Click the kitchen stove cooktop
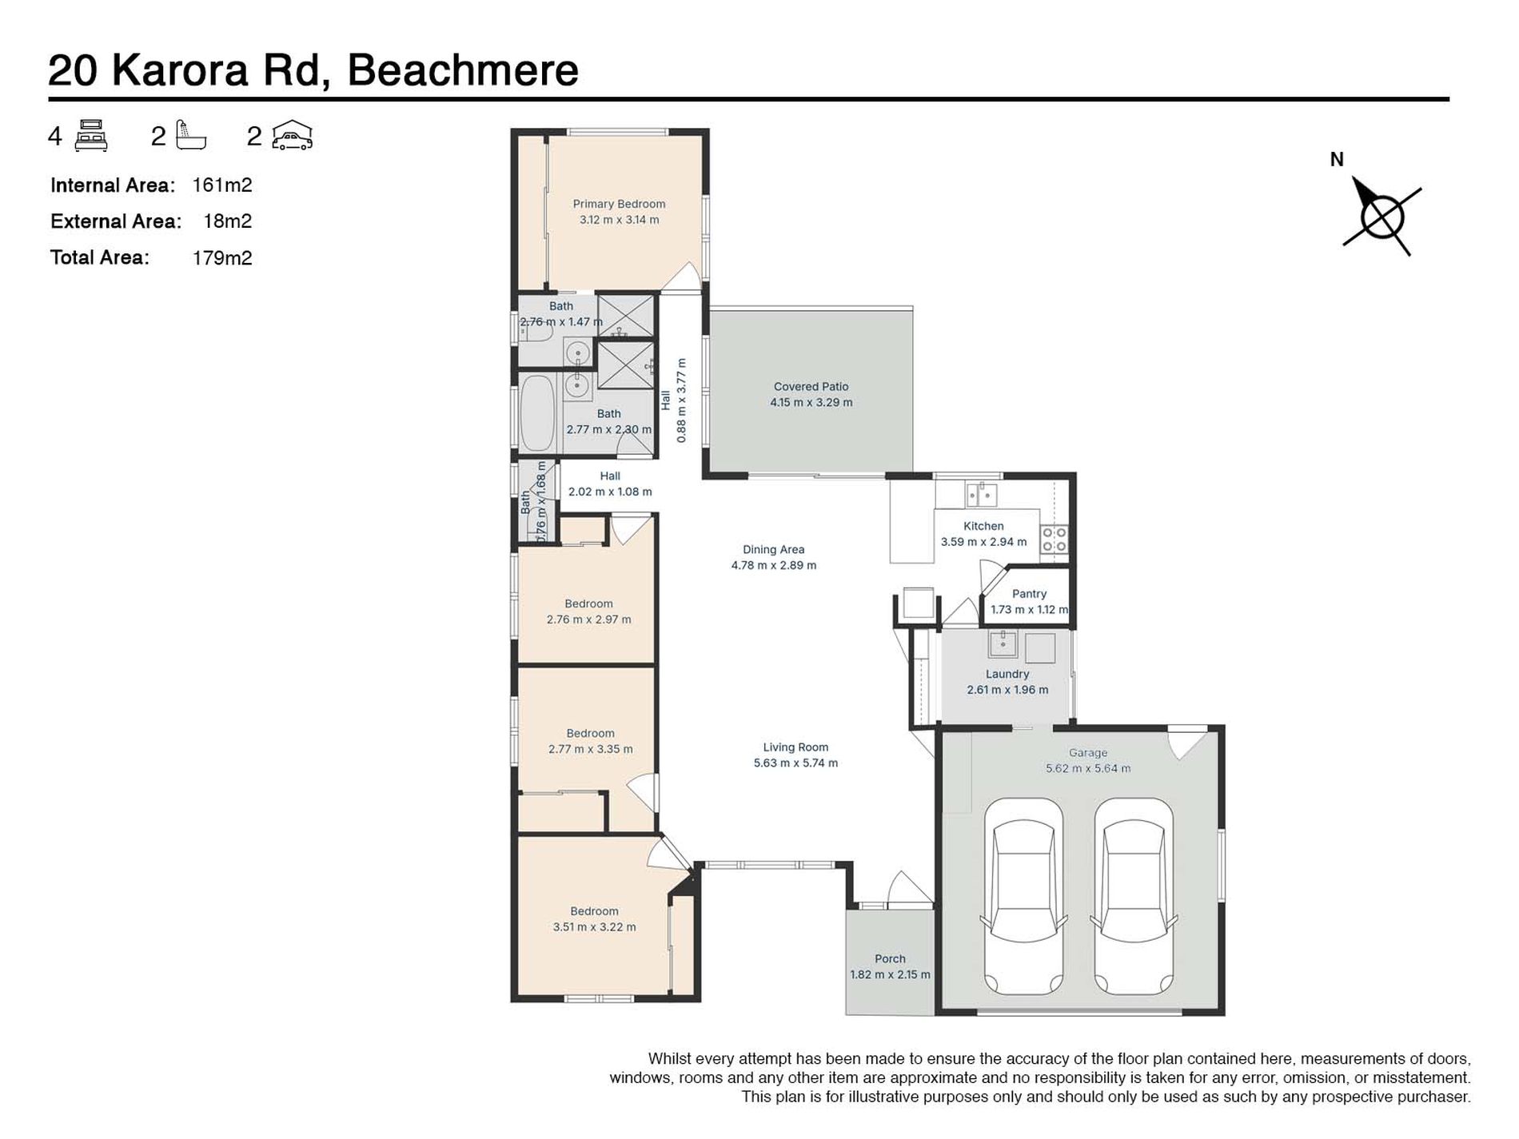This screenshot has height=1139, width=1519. (1055, 539)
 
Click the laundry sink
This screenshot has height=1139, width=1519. (1003, 643)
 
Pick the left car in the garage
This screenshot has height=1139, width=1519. (1024, 896)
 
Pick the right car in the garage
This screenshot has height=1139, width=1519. (1134, 896)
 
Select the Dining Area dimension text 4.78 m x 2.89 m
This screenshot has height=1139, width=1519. (774, 565)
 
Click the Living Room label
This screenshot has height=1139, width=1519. (795, 747)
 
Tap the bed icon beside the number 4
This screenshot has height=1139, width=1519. (91, 136)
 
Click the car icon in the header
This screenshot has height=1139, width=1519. (292, 136)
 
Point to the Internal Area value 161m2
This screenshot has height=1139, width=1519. (222, 185)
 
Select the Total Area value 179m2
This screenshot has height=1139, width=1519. (222, 258)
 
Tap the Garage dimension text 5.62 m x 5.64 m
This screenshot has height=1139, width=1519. (1088, 768)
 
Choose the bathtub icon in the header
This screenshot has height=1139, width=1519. (191, 136)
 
